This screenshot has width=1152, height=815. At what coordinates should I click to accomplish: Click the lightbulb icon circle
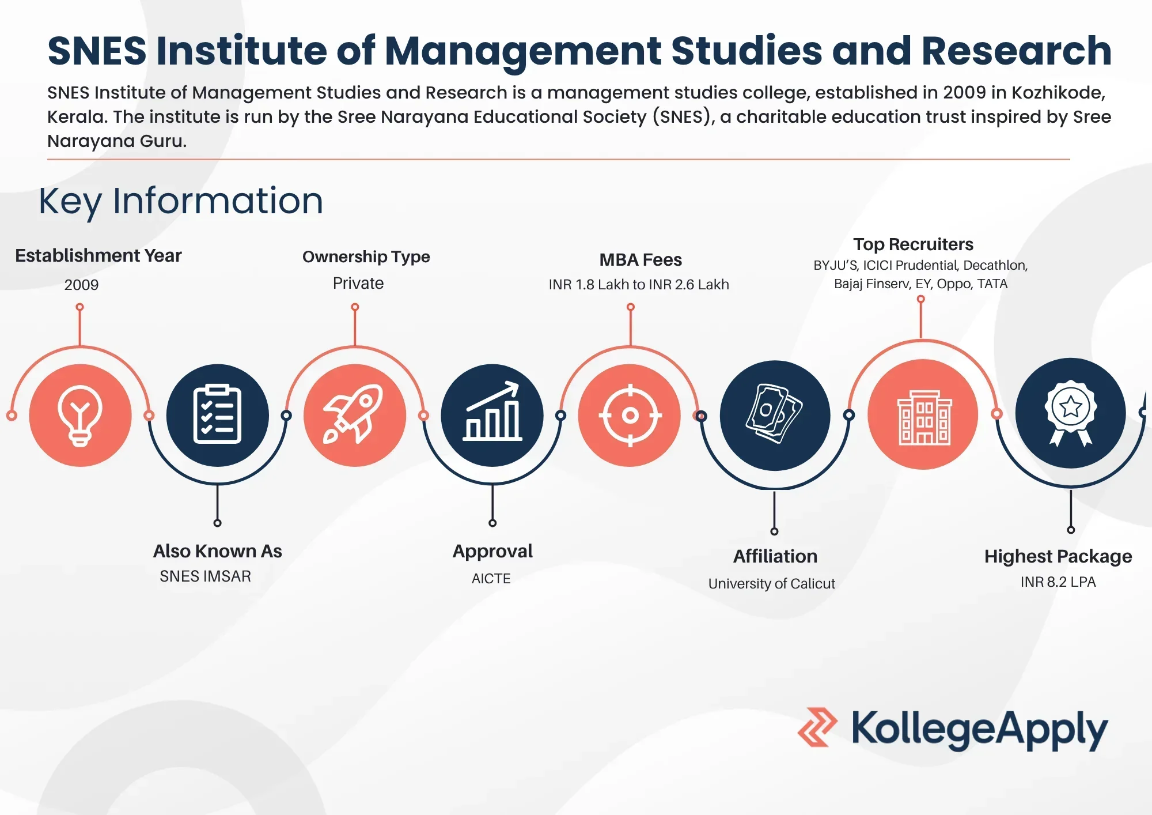coord(80,415)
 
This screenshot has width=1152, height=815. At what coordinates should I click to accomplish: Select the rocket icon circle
coord(355,415)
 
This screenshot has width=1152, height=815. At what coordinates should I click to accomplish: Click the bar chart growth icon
coord(492,412)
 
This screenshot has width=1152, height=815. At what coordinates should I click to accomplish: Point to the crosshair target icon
coord(630,415)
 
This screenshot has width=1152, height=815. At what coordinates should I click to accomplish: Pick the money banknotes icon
coord(774,413)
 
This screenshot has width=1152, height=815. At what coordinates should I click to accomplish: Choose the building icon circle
coord(923,414)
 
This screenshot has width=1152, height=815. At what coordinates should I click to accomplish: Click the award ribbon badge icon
coord(1070,413)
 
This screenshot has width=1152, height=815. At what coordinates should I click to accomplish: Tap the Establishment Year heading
coord(98,255)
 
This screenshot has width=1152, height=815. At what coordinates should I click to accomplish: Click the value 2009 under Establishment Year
coord(81,285)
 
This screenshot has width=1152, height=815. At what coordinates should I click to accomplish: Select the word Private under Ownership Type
coord(358,283)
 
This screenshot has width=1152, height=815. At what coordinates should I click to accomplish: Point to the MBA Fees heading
coord(641,260)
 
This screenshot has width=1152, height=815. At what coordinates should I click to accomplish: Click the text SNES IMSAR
coord(205,576)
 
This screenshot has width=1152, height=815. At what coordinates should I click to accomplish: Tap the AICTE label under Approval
coord(491,579)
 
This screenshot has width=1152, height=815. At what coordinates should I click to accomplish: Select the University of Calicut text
coord(772,584)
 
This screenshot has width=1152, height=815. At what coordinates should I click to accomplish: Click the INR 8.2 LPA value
coord(1058,582)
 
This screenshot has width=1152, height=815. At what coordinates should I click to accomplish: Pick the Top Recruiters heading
coord(914,244)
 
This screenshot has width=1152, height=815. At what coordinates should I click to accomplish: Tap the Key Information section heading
coord(181,201)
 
